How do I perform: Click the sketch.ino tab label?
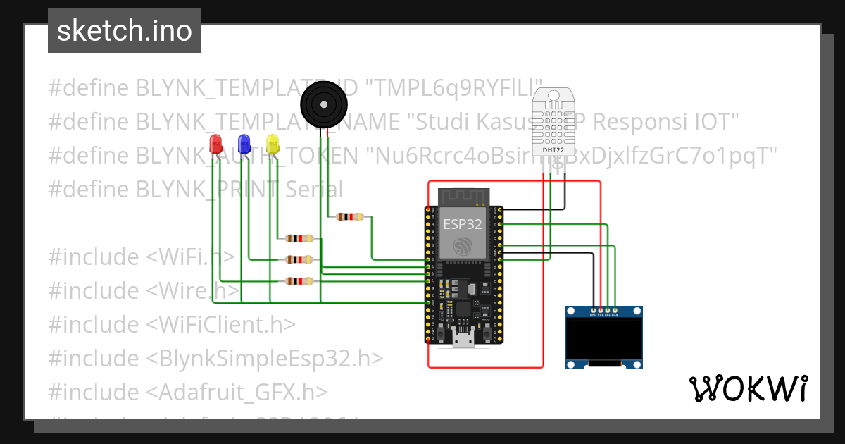124,31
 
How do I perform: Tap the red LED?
216,144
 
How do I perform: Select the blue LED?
244,144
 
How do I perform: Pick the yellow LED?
273,144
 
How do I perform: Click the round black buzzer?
324,106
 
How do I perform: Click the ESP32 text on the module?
463,224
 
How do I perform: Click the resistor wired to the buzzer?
350,217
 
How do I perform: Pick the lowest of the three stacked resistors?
299,281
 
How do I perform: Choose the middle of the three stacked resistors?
299,259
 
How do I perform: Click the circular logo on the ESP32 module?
463,246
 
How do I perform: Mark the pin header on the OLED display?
604,310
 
